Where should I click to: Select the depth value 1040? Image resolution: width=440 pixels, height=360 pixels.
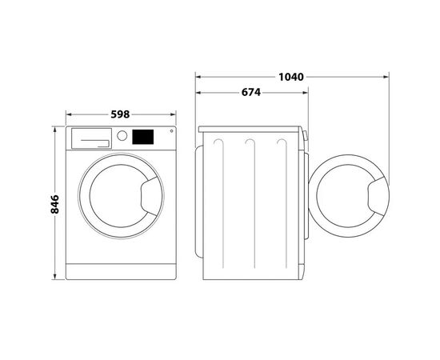pyautogui.click(x=291, y=77)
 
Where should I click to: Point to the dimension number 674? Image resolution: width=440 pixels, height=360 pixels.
pyautogui.click(x=250, y=93)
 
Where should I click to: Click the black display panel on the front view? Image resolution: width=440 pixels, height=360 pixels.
pyautogui.click(x=142, y=137)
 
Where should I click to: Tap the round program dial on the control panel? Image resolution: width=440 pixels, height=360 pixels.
pyautogui.click(x=122, y=137)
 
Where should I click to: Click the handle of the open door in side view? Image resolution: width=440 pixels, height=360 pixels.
pyautogui.click(x=375, y=194)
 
